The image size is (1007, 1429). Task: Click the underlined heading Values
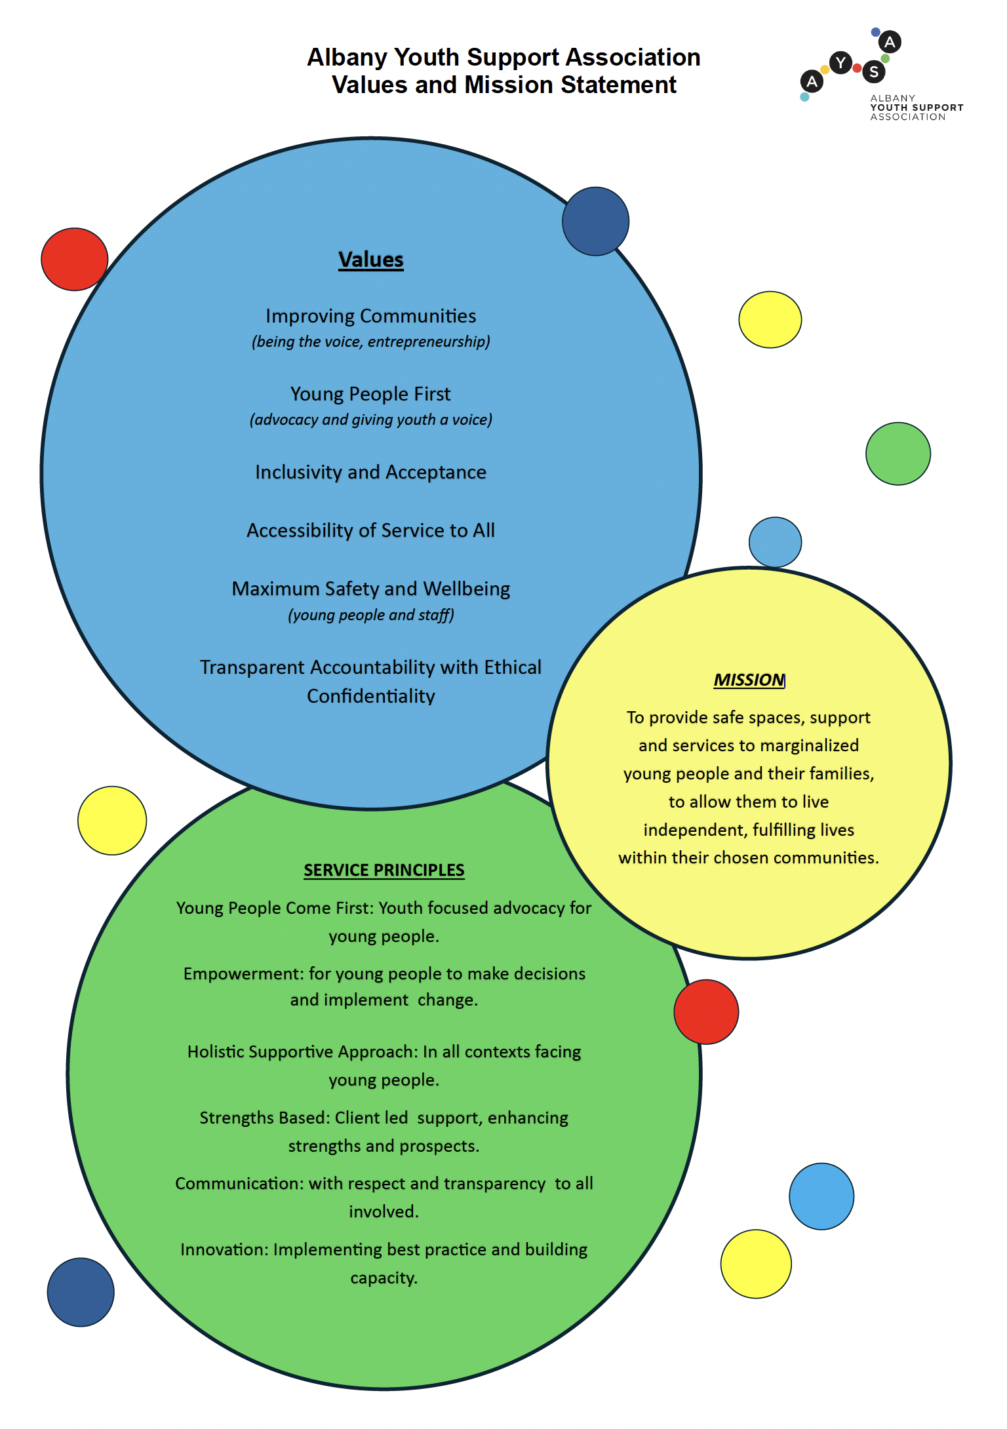pos(370,260)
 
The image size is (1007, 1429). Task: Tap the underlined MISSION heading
pos(749,680)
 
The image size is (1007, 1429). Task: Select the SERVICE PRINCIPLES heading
pos(384,870)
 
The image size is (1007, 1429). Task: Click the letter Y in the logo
pos(840,64)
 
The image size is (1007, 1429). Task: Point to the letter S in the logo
pos(874,71)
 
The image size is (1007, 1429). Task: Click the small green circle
pos(898,454)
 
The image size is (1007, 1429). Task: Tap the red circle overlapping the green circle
pos(706,1011)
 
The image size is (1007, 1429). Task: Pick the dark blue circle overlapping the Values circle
pos(595,222)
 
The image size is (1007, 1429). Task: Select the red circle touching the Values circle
pos(74,259)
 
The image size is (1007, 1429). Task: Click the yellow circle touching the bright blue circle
pos(756,1263)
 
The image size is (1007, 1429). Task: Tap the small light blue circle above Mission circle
pos(775,542)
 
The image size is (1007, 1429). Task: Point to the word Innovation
pos(224,1249)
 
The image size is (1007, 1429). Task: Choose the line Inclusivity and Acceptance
pos(370,472)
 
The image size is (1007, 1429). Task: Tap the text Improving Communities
pos(370,316)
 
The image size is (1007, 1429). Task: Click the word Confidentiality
pos(370,696)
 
